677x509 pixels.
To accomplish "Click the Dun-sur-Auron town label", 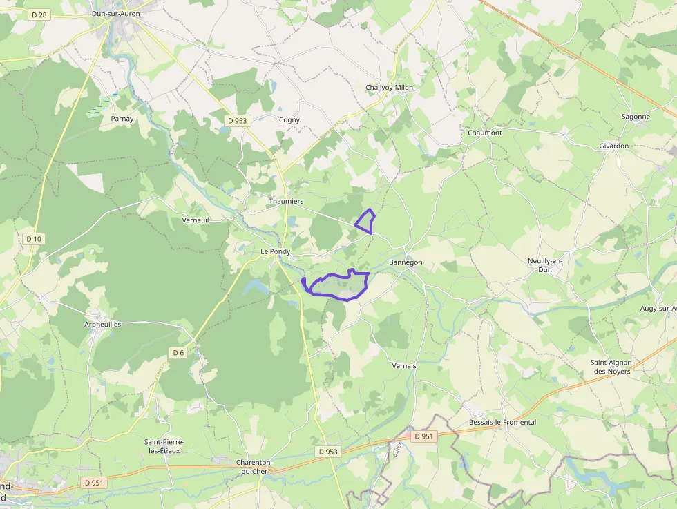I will [x=116, y=13].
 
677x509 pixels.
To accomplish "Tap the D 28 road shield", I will [x=39, y=15].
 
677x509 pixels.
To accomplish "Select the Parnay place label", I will [x=122, y=119].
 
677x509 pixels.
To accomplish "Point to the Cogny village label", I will [x=289, y=119].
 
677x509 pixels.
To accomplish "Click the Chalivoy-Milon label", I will [x=389, y=88].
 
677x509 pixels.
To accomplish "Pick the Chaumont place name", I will [x=485, y=133].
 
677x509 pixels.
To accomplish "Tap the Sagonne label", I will [x=636, y=117].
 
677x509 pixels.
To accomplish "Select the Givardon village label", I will [x=614, y=146].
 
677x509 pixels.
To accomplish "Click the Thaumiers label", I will [x=286, y=201].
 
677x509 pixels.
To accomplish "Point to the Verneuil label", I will [x=195, y=220].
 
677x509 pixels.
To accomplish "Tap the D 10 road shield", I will [x=34, y=239].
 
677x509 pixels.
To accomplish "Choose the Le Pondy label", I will [x=276, y=252].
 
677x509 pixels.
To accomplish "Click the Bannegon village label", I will [x=406, y=262].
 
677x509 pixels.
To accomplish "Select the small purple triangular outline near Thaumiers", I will [x=365, y=222].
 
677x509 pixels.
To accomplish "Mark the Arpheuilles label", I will [x=103, y=324].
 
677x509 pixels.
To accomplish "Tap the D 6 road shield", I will [x=178, y=353].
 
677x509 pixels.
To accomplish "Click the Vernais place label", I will [x=404, y=365].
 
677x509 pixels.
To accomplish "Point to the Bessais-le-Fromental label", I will [x=502, y=422].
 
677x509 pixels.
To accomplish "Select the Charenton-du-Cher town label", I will [x=255, y=466].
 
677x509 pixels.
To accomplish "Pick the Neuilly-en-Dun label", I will [x=546, y=265].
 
